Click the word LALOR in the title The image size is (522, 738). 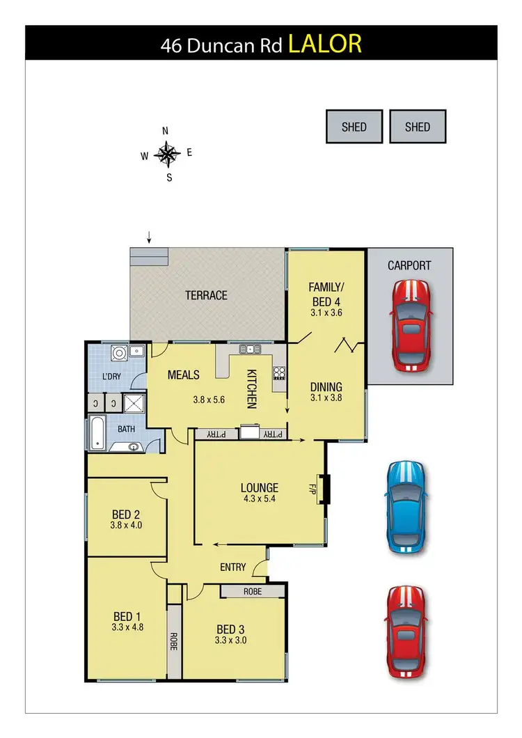pyautogui.click(x=325, y=45)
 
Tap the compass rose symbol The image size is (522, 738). pyautogui.click(x=168, y=154)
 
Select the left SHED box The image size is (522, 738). pyautogui.click(x=354, y=127)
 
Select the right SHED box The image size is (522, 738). pyautogui.click(x=418, y=127)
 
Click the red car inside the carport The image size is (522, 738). pyautogui.click(x=411, y=325)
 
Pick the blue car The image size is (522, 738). pyautogui.click(x=405, y=506)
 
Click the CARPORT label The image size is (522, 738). pyautogui.click(x=409, y=265)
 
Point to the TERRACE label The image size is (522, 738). pyautogui.click(x=206, y=295)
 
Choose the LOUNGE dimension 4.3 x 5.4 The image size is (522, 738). pyautogui.click(x=260, y=498)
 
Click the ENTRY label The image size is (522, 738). pyautogui.click(x=232, y=567)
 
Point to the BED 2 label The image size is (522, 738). pyautogui.click(x=126, y=515)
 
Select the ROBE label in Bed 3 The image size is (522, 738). pyautogui.click(x=252, y=591)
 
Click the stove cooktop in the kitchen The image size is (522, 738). pyautogui.click(x=280, y=372)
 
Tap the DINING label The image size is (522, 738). pyautogui.click(x=326, y=387)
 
